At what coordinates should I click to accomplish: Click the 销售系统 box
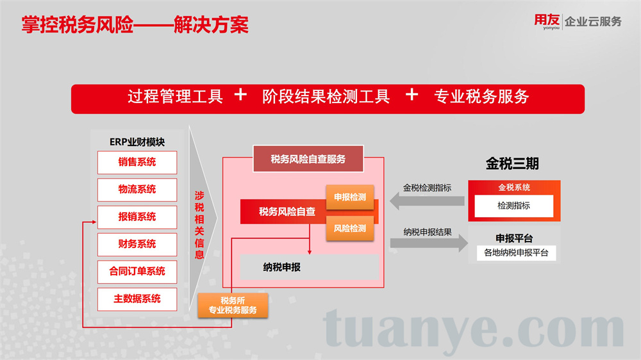click(137, 162)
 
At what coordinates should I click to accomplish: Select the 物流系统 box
click(137, 190)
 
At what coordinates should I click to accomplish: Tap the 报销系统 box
click(137, 217)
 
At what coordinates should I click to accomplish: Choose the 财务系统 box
click(137, 244)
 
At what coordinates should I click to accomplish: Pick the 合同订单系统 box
click(137, 272)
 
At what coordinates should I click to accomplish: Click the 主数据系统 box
click(137, 299)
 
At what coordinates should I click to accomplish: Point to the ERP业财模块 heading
click(137, 142)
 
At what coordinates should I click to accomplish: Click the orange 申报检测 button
click(350, 197)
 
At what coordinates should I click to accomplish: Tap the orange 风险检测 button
click(350, 229)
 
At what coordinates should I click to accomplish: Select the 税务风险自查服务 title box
click(308, 159)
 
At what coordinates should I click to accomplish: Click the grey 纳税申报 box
click(310, 267)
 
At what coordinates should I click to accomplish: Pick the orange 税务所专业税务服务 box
click(233, 306)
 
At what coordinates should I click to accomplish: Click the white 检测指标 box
click(514, 206)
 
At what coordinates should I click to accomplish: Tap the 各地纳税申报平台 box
click(516, 253)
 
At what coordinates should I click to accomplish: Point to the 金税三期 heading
click(512, 163)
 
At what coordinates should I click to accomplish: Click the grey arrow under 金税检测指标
click(427, 201)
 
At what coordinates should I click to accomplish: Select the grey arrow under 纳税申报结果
click(429, 243)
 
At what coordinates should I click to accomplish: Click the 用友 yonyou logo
click(547, 21)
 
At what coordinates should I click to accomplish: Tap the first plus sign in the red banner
click(240, 95)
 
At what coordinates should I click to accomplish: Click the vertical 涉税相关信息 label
click(199, 225)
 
